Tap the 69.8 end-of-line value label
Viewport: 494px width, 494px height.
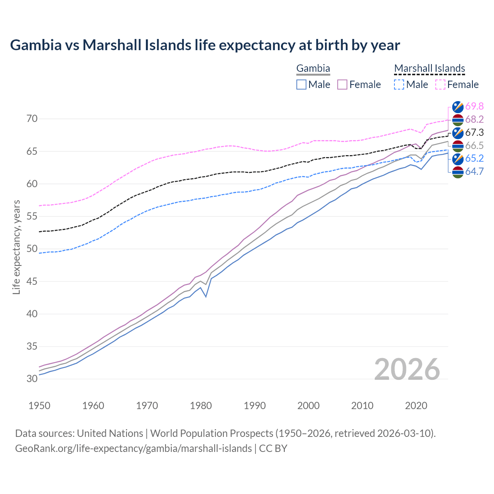[474, 106]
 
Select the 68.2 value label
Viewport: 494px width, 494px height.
[474, 120]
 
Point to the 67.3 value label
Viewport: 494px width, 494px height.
[474, 133]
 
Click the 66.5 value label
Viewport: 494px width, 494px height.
[474, 145]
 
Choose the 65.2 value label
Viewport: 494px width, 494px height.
[474, 159]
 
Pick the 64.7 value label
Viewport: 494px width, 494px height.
[474, 172]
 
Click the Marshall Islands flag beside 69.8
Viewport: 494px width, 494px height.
[458, 107]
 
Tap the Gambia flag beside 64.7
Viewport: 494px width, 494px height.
[458, 172]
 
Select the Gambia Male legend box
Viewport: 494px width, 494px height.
[301, 85]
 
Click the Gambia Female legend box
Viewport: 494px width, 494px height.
[342, 85]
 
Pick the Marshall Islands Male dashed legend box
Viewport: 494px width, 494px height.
[399, 85]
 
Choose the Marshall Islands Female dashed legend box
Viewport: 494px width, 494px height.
[440, 85]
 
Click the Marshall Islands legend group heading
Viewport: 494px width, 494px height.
[430, 69]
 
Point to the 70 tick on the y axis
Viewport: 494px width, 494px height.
[32, 119]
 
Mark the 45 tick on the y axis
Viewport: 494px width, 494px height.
[32, 281]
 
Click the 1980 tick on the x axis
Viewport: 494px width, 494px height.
[201, 406]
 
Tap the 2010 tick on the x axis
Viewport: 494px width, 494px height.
[362, 406]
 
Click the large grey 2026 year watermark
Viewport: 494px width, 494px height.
[407, 369]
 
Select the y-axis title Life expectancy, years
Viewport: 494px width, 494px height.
[16, 247]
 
